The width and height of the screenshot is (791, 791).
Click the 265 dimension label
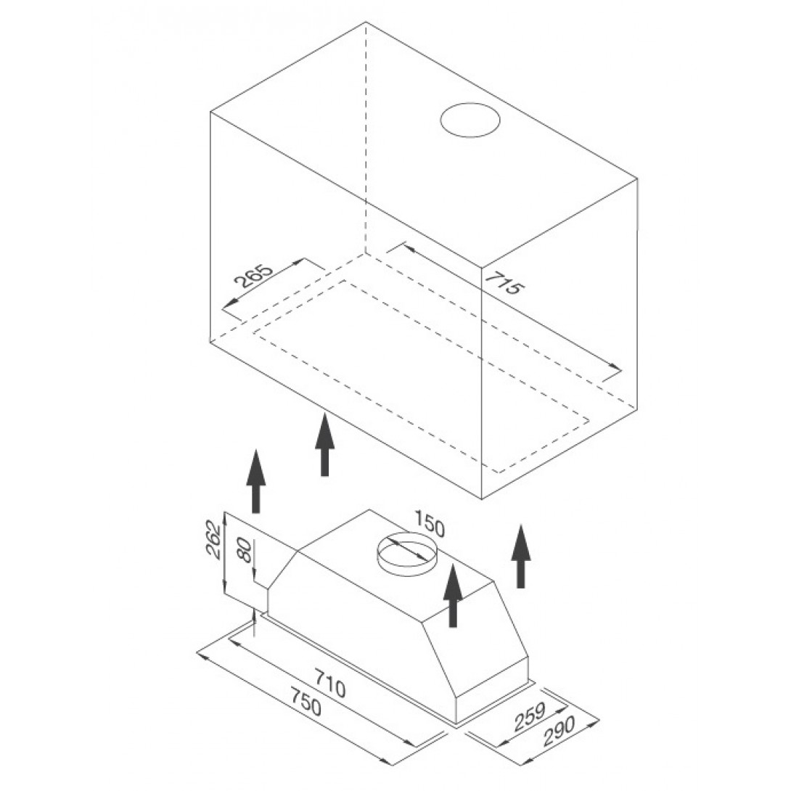[254, 276]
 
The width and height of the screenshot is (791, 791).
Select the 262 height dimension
[214, 538]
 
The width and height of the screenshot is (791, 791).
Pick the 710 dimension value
[330, 683]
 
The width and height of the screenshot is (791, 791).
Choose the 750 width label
[305, 702]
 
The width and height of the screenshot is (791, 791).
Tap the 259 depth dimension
[530, 716]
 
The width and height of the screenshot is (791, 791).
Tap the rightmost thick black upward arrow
[520, 557]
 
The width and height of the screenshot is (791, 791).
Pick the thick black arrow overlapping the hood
[453, 595]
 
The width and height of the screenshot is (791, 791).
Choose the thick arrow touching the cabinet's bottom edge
[325, 444]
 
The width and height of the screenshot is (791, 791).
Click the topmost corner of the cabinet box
[365, 22]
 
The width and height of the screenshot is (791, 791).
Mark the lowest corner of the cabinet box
[482, 499]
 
